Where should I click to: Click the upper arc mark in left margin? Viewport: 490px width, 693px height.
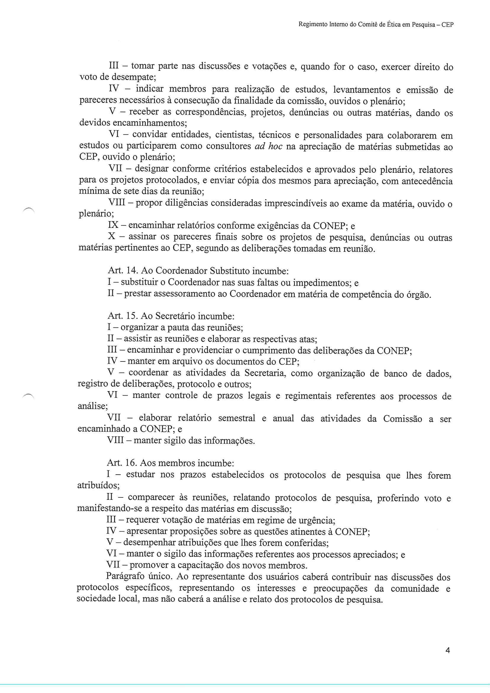[x=29, y=211]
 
